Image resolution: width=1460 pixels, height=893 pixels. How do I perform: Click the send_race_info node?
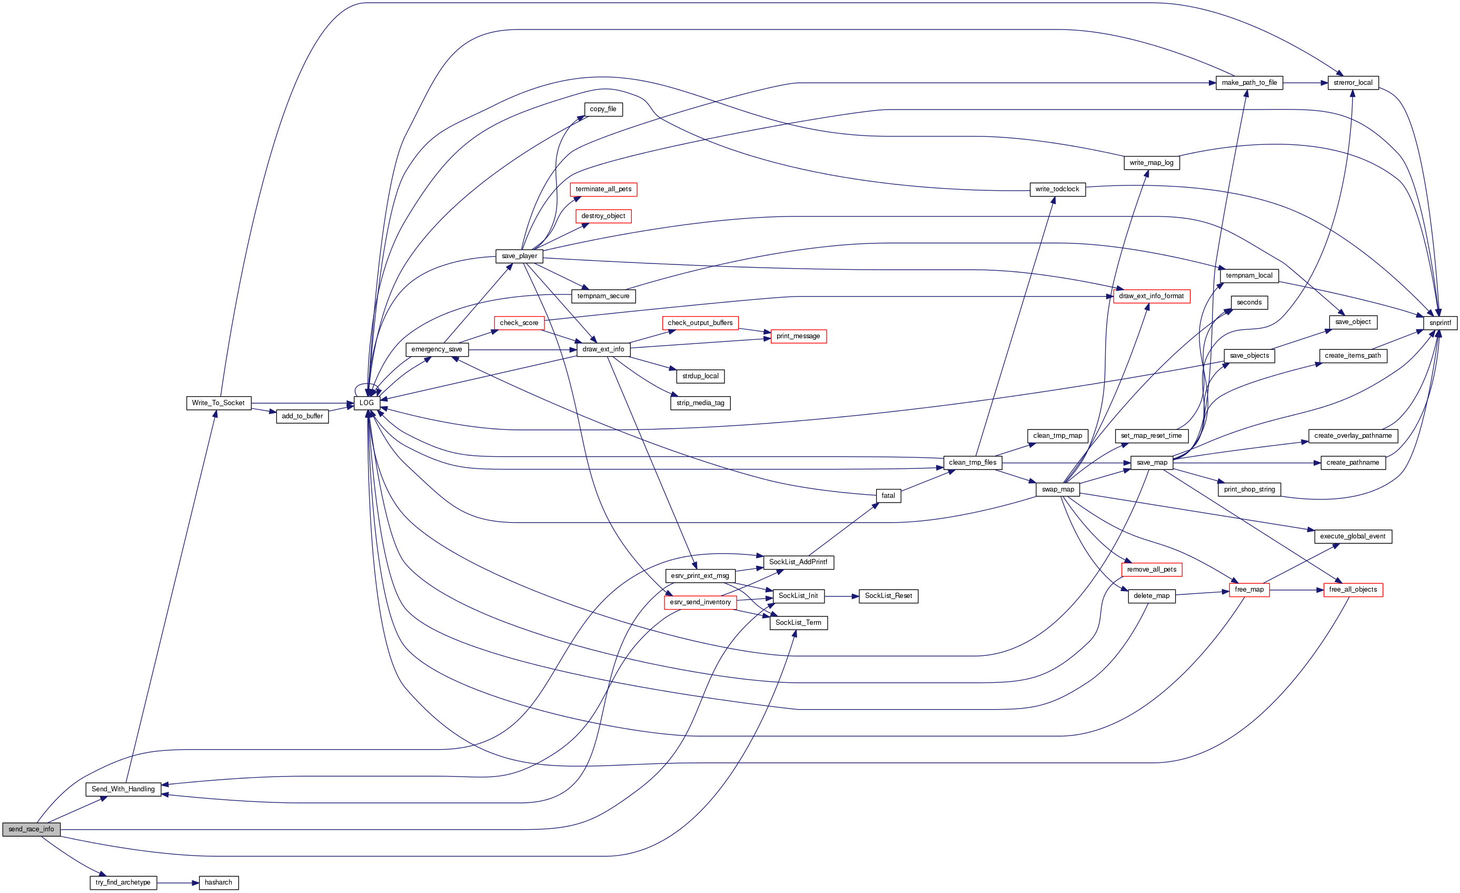tap(31, 829)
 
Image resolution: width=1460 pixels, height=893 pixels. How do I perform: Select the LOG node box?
tap(367, 403)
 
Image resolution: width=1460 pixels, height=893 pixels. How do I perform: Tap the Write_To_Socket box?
tap(218, 403)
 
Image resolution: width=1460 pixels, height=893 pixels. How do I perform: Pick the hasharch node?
tap(218, 882)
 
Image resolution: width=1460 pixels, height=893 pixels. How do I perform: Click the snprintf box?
tap(1440, 323)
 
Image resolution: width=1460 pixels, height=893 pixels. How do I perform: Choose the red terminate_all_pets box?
tap(603, 189)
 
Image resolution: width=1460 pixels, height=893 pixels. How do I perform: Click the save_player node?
tap(519, 256)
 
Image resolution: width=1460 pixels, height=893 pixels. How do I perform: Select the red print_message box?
tap(798, 336)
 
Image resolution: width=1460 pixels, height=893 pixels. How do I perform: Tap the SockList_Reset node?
tap(888, 596)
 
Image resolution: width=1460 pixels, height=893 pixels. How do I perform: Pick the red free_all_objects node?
tap(1353, 590)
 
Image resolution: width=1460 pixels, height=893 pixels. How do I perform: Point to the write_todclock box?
tap(1057, 189)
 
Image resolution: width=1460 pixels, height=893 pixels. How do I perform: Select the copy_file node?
tap(603, 109)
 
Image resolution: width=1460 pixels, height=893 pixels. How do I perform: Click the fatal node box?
tap(888, 496)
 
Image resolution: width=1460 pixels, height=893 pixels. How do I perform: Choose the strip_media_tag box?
tap(700, 403)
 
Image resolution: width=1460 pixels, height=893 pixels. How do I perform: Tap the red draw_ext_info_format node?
tap(1151, 297)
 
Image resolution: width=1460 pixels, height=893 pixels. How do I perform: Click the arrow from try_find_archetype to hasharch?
tap(178, 883)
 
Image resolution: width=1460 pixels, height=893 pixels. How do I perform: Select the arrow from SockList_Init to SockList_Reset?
tap(841, 596)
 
